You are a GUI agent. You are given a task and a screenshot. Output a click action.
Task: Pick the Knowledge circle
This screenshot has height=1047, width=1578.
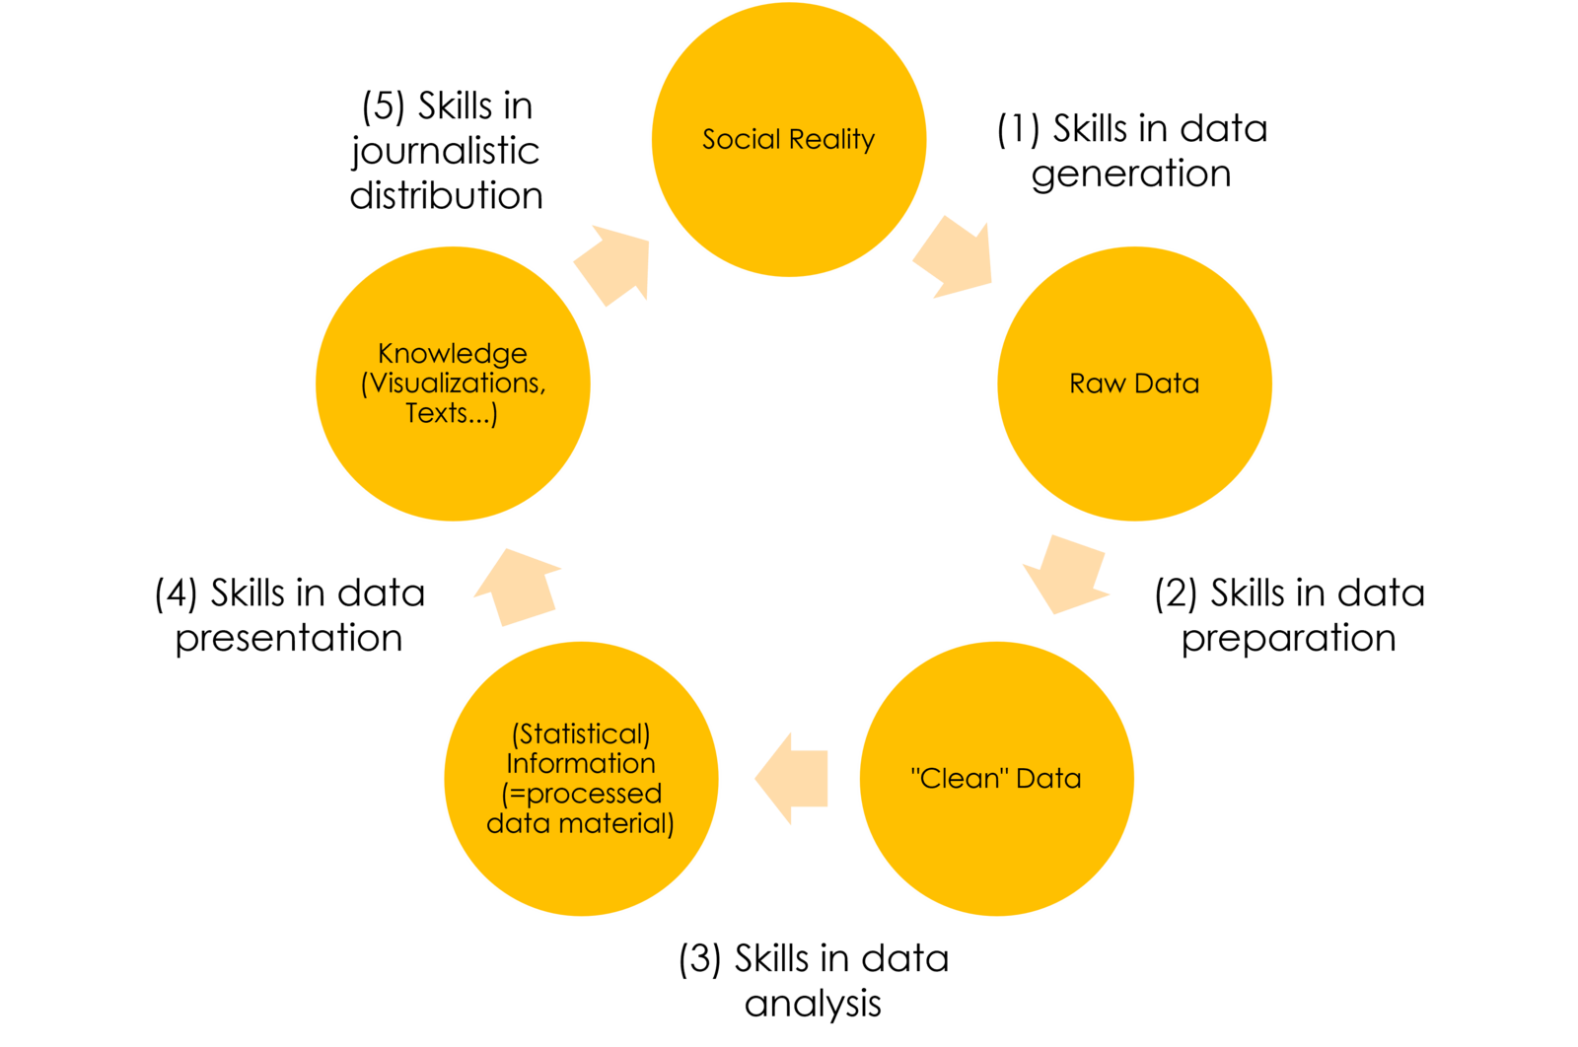453,463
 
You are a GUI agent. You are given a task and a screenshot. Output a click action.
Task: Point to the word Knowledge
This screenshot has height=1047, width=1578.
453,353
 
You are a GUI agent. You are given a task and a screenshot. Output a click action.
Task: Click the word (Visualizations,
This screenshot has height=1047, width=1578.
454,383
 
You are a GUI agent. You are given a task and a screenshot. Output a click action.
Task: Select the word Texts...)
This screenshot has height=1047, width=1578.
452,412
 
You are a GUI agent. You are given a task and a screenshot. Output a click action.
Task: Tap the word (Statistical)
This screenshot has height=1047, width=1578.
581,733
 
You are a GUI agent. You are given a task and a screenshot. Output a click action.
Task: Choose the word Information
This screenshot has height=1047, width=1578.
581,763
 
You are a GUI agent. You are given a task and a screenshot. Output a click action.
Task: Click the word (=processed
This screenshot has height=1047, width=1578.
581,793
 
